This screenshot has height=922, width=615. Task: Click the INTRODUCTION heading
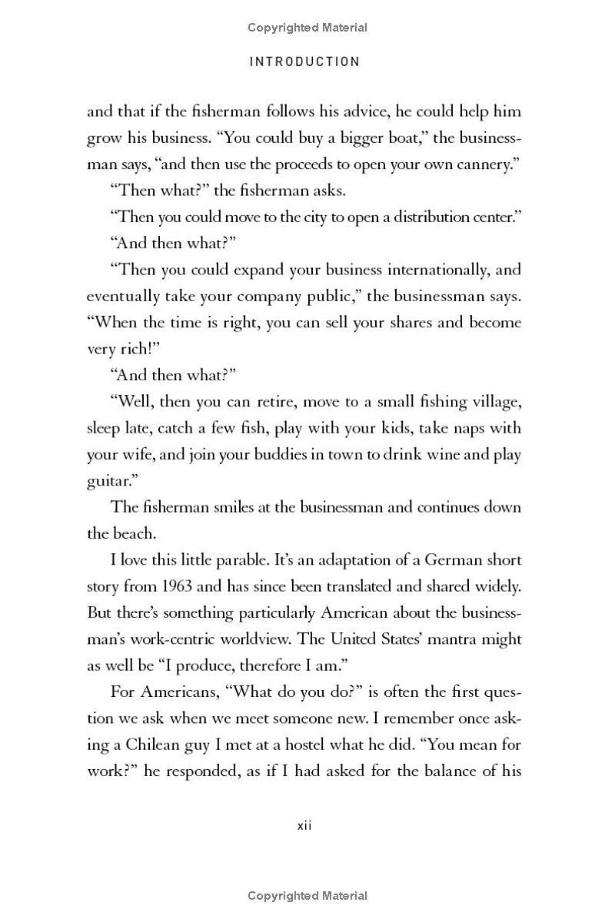coord(305,61)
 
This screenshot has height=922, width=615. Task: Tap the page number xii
coord(304,826)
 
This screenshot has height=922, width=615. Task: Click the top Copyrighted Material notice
coord(307,28)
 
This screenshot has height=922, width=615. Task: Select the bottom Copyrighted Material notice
coord(307,895)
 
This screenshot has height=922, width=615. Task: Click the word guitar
coord(108,481)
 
